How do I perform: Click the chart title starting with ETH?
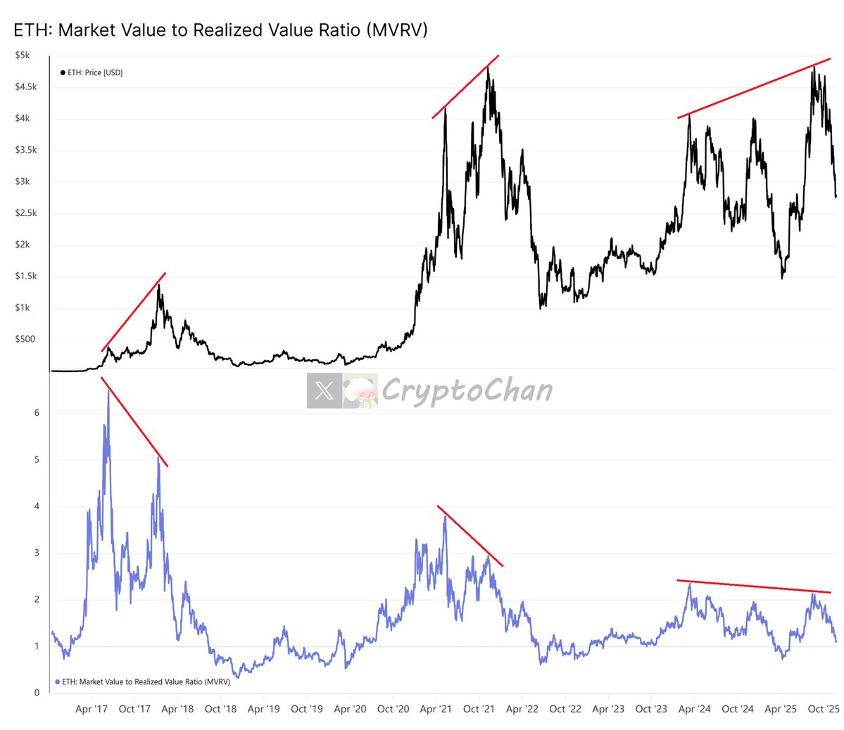220,30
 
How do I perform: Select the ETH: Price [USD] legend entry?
92,72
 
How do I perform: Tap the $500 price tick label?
25,339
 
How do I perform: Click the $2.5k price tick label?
26,213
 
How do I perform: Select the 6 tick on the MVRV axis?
37,413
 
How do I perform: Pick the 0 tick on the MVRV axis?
37,693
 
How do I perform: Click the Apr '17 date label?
92,709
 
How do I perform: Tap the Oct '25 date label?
821,709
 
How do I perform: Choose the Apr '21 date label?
436,709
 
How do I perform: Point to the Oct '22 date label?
565,709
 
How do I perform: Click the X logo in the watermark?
325,390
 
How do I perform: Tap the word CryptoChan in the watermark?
467,390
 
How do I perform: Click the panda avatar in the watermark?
360,391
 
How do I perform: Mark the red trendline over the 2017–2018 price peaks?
134,312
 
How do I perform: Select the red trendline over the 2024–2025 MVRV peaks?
753,587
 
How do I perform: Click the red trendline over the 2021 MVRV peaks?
470,536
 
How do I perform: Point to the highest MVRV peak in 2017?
108,391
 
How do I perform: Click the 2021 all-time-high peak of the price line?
488,68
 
